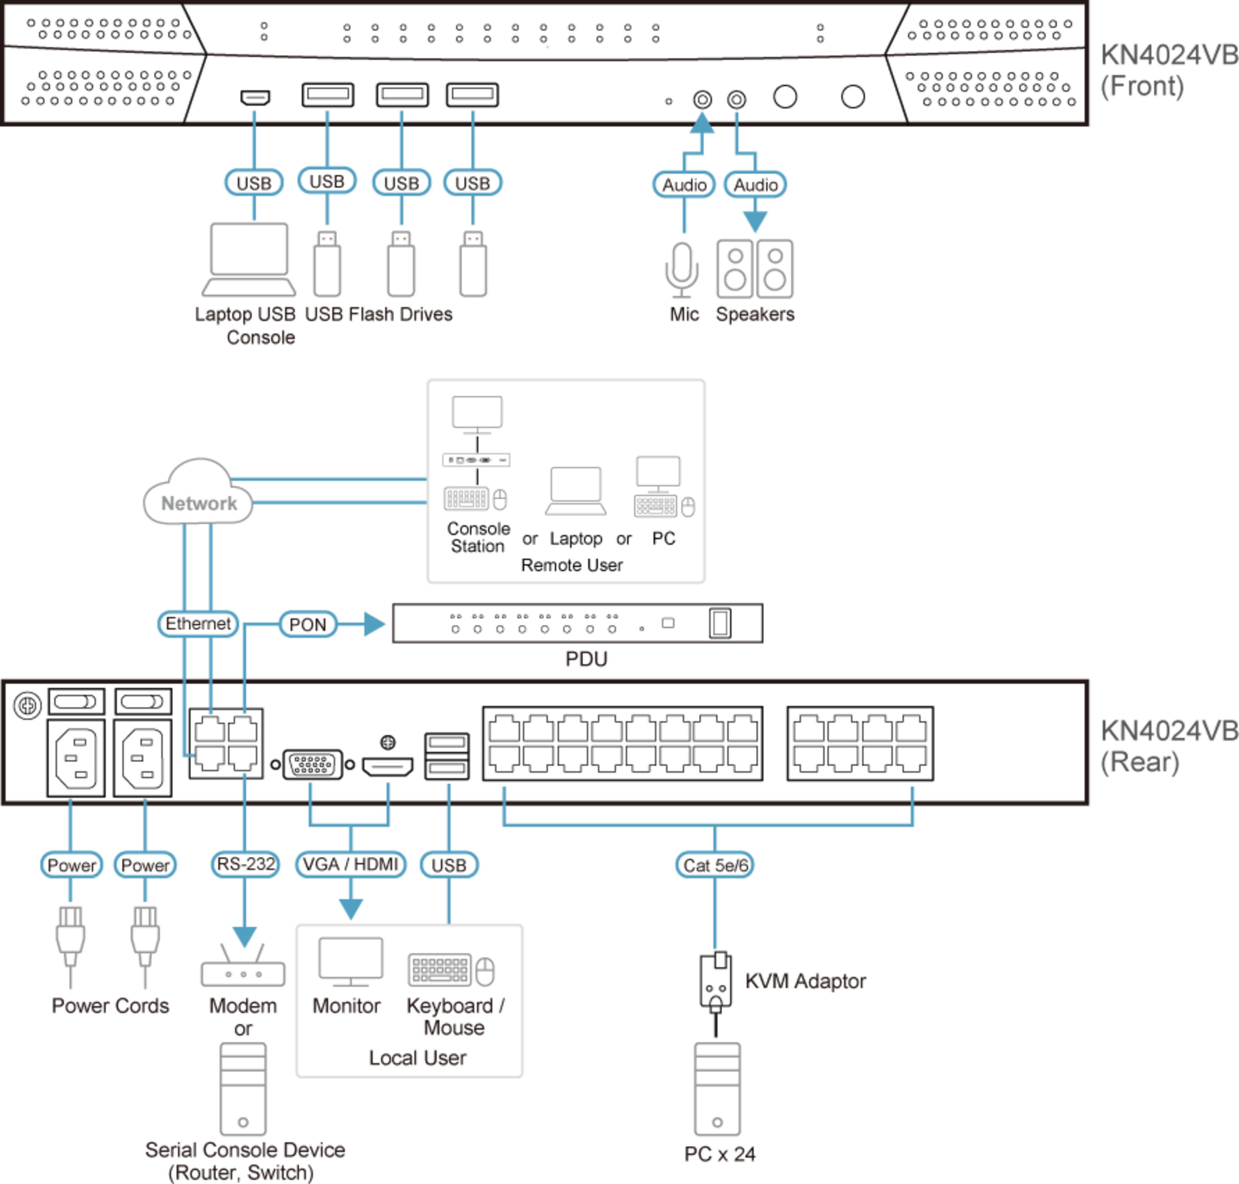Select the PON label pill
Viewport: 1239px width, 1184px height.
pyautogui.click(x=307, y=624)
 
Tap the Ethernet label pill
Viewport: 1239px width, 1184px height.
pyautogui.click(x=198, y=624)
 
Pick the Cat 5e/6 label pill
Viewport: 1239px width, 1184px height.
pyautogui.click(x=714, y=865)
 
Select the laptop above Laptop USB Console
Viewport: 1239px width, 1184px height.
pyautogui.click(x=249, y=259)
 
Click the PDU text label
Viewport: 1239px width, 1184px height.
pyautogui.click(x=586, y=659)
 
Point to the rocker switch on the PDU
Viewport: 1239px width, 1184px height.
pyautogui.click(x=720, y=624)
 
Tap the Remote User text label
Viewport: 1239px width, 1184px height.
pyautogui.click(x=571, y=565)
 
